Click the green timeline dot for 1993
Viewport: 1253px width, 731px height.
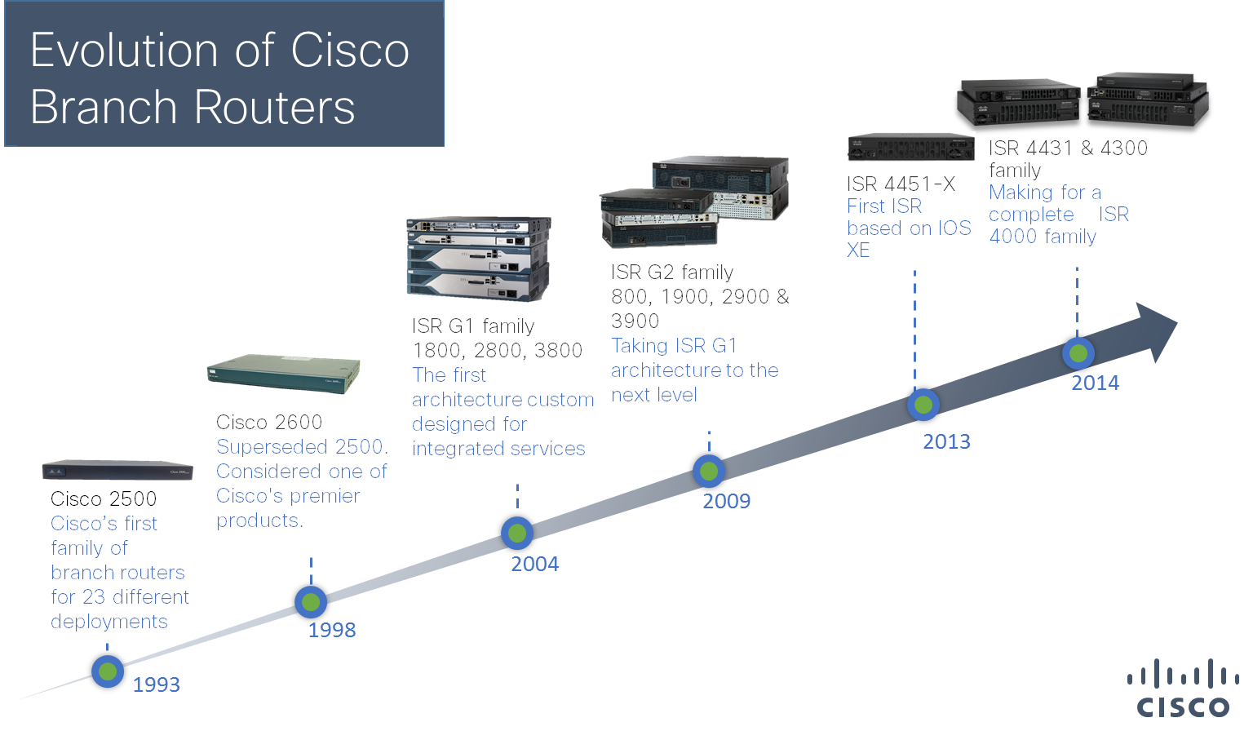coord(108,671)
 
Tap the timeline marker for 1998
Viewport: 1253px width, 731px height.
coord(311,602)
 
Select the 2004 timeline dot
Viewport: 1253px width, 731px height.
coord(517,534)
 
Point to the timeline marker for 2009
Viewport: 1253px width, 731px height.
coord(709,471)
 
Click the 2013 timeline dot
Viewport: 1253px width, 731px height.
coord(923,405)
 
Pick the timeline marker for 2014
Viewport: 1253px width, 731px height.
coord(1078,353)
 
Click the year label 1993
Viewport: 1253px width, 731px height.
coord(156,684)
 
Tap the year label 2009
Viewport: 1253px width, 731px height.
coord(726,501)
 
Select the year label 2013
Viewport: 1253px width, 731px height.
coord(946,441)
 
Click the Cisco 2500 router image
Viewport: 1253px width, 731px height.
coord(117,470)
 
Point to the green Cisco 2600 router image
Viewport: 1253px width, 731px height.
coord(284,374)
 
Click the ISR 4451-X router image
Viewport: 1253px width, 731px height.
coord(910,148)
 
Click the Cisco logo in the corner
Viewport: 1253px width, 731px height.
coord(1183,690)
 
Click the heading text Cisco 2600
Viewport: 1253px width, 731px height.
coord(269,422)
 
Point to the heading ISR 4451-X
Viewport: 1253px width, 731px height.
coord(901,184)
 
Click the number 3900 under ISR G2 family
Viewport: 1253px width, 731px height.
coord(635,321)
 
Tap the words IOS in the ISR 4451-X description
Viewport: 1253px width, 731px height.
coord(954,228)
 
